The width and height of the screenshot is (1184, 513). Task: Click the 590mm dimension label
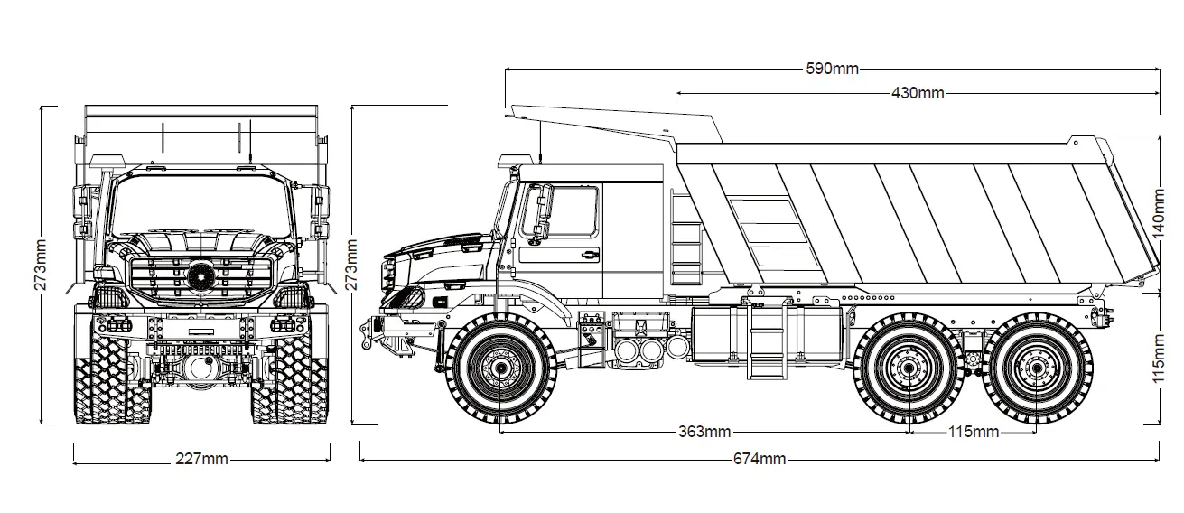[x=832, y=70]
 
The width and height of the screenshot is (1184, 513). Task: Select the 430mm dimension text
[x=918, y=93]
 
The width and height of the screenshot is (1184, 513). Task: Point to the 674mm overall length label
[x=759, y=459]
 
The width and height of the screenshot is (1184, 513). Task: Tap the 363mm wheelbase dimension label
[x=704, y=432]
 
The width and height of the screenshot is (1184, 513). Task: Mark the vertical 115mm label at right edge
[x=1160, y=358]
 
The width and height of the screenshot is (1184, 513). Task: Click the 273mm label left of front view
[x=41, y=264]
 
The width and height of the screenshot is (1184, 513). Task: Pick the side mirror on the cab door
[x=543, y=211]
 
